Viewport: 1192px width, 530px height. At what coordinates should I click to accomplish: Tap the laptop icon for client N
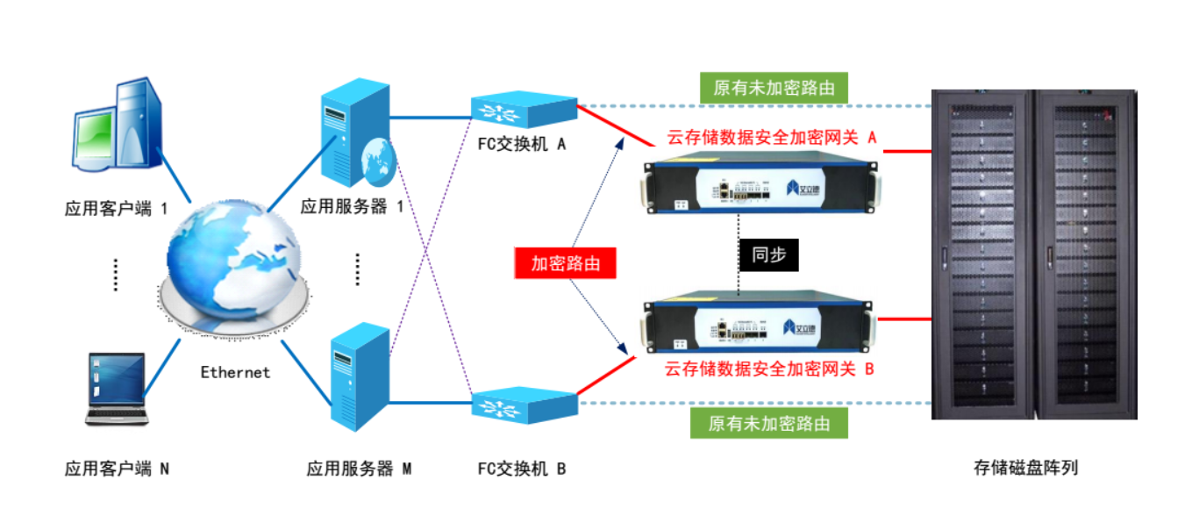tap(115, 389)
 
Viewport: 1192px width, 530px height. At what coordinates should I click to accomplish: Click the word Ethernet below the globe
tap(235, 372)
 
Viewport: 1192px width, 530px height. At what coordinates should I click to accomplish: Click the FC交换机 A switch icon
tap(523, 110)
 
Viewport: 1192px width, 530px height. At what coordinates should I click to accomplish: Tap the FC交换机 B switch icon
tap(523, 405)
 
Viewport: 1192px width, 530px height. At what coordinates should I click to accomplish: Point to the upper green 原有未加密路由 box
tap(772, 88)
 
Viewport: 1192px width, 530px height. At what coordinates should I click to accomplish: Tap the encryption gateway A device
tap(760, 186)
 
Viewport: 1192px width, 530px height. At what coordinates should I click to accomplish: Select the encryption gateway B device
tap(760, 326)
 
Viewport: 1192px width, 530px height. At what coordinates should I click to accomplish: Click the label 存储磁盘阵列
tap(1025, 467)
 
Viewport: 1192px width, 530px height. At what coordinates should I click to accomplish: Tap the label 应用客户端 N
tap(117, 469)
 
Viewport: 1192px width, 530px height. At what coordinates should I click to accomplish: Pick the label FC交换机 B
tap(521, 469)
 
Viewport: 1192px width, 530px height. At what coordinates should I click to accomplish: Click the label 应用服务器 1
tap(352, 207)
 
